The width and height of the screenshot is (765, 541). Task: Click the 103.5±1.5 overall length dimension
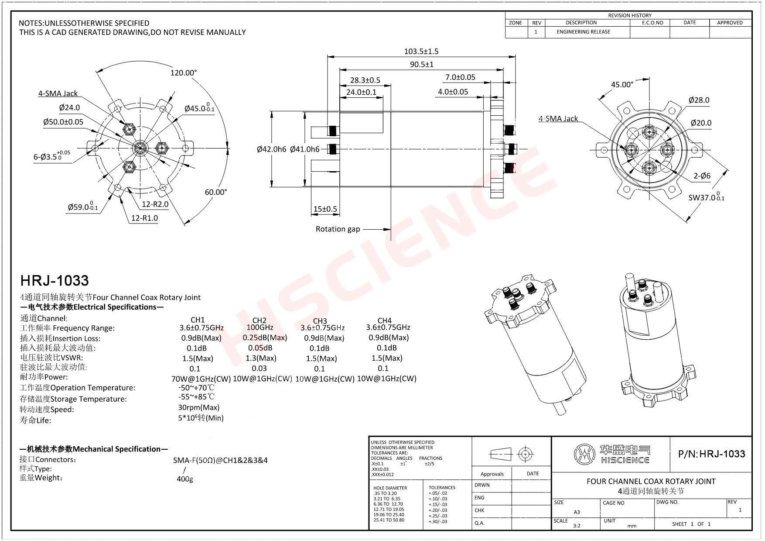421,52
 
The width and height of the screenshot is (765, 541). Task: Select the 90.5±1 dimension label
421,65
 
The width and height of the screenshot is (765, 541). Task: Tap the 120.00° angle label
183,73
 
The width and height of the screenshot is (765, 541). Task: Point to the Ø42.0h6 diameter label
271,149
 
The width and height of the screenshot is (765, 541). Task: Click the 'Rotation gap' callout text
338,229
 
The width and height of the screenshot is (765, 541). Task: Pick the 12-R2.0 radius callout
155,204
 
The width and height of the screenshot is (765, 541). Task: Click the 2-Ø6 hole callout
702,176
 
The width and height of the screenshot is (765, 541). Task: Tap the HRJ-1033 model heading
55,280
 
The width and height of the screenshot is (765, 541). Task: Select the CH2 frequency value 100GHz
260,327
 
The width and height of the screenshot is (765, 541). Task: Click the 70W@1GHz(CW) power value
201,379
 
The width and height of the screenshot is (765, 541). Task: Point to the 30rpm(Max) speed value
198,407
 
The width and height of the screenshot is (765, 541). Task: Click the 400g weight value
184,479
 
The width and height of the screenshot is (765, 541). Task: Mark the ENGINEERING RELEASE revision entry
583,32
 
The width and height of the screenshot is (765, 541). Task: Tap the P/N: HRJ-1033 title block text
711,454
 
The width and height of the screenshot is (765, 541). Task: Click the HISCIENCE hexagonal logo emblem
584,455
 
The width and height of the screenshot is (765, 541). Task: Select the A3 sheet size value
577,512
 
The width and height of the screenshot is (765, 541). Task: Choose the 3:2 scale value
577,526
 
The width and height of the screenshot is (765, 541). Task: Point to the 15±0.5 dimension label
325,209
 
